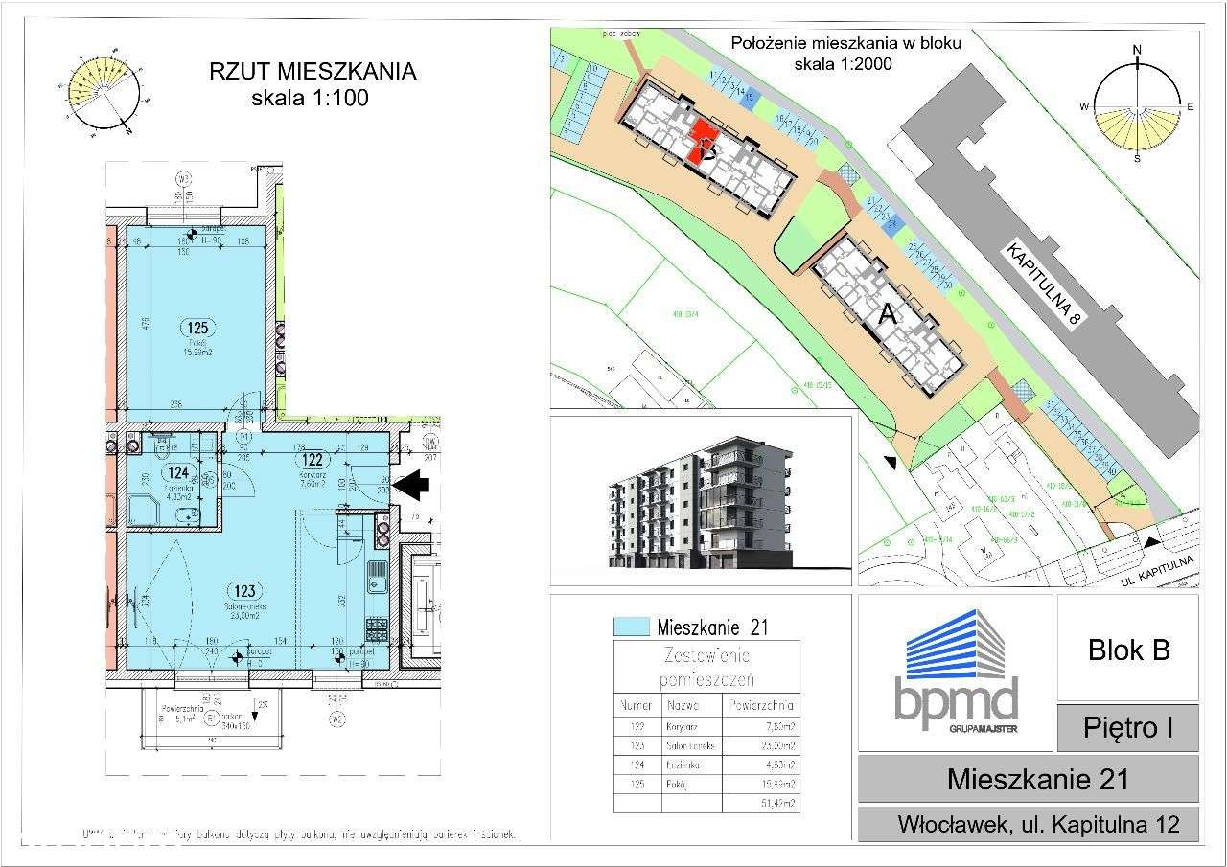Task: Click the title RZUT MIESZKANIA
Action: coord(313,73)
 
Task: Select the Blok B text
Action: coord(1128,650)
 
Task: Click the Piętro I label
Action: coord(1128,728)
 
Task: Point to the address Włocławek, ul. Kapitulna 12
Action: coord(1029,823)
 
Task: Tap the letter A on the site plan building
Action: coord(888,313)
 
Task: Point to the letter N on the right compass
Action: coord(1138,50)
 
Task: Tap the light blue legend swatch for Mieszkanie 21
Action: coord(631,628)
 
